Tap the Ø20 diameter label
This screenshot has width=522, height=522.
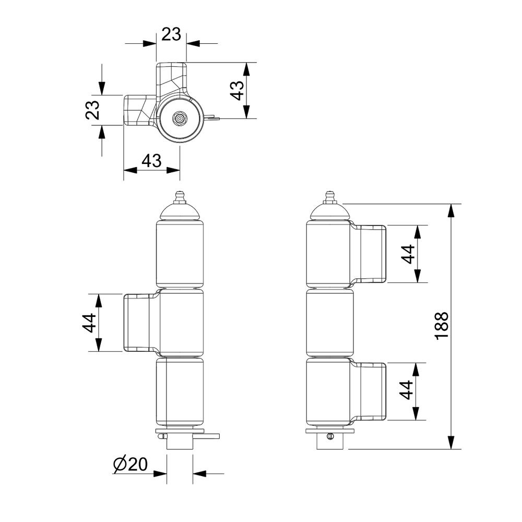(130, 465)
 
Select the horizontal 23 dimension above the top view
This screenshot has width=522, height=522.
(171, 34)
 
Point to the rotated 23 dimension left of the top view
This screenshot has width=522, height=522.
(92, 110)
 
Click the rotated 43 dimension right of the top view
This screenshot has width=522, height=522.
(238, 90)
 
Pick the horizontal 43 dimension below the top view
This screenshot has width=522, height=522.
(151, 161)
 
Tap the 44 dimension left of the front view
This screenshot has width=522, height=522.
(89, 323)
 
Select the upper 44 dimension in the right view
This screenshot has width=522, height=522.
(408, 254)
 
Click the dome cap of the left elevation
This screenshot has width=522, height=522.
(180, 212)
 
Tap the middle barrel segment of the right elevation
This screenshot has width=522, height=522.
(330, 322)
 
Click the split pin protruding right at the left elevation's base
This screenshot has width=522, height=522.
(206, 436)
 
